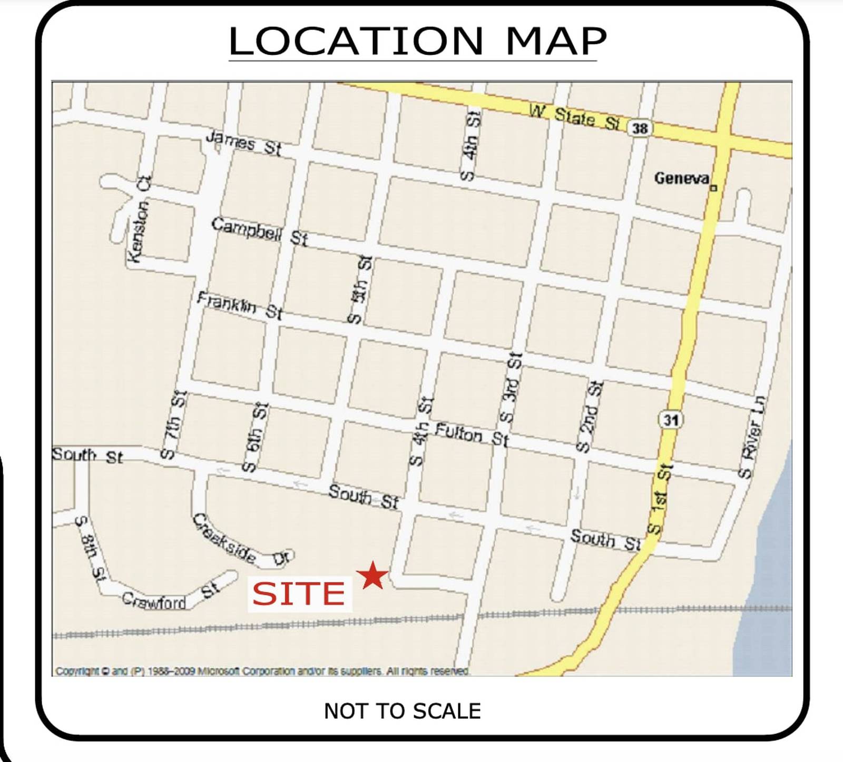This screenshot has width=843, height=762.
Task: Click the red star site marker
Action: point(373,575)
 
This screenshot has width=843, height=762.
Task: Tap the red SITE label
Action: point(299,593)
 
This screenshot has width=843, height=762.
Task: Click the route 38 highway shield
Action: point(640,128)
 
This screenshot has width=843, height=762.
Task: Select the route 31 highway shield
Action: point(670,420)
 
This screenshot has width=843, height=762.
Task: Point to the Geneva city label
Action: point(682,179)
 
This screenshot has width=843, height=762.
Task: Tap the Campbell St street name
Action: point(259,232)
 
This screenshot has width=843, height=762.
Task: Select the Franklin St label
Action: point(240,306)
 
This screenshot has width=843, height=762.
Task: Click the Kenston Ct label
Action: point(139,219)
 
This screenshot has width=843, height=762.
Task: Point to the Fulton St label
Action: point(472,435)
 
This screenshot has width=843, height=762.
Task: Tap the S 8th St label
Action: point(90,548)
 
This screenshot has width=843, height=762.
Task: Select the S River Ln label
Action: point(752,437)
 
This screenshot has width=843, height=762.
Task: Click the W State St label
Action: point(574,117)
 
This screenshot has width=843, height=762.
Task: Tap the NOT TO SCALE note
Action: point(402,711)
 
